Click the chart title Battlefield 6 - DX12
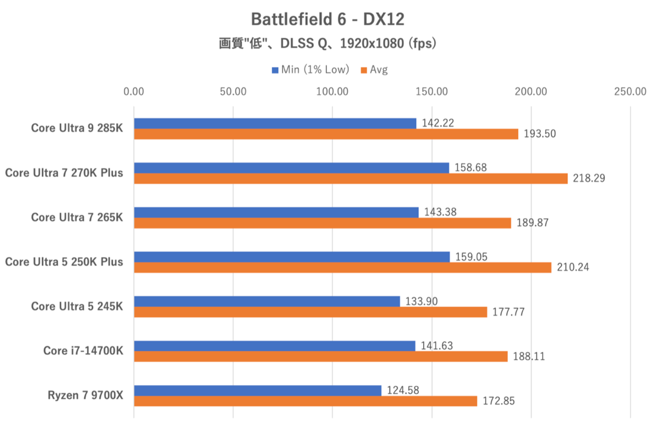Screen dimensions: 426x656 click(x=327, y=19)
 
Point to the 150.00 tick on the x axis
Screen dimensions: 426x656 click(x=432, y=91)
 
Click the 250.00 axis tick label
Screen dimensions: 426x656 click(x=630, y=91)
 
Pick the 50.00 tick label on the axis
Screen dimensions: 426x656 click(x=233, y=91)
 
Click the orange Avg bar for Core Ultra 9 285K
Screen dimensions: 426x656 click(x=326, y=134)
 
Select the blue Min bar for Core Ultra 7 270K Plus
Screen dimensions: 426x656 click(x=291, y=168)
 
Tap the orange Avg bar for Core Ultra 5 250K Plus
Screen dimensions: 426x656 click(x=342, y=267)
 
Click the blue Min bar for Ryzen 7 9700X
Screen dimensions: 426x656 click(x=257, y=390)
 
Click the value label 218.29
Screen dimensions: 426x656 click(x=589, y=178)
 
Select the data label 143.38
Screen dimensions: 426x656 click(x=440, y=212)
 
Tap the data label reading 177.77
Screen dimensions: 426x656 click(x=508, y=312)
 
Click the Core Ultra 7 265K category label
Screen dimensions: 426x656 click(x=77, y=217)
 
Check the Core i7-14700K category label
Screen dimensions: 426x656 click(x=83, y=351)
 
